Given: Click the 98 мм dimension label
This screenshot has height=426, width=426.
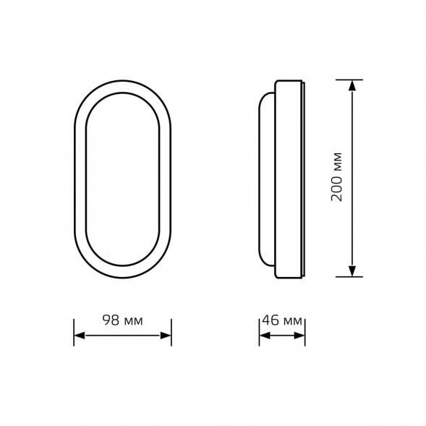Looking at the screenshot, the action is point(122,320).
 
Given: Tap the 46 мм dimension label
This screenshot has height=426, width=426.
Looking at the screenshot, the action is point(282,320).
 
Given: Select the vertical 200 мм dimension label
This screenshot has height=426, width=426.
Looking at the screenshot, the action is point(336,177).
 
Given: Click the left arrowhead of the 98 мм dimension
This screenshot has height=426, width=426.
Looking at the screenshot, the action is point(80,336).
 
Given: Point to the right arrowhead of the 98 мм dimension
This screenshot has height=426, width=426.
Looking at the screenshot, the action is point(166,336).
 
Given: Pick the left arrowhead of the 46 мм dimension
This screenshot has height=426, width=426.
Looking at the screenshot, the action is point(265,336).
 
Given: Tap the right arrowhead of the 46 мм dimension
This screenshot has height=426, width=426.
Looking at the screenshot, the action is point(299,336).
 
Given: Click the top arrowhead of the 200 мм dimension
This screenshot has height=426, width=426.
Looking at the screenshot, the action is point(352,85).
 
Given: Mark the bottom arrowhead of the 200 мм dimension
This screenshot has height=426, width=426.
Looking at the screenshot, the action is point(352,271).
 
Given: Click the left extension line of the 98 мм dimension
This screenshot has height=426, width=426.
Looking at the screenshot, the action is point(74,332).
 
